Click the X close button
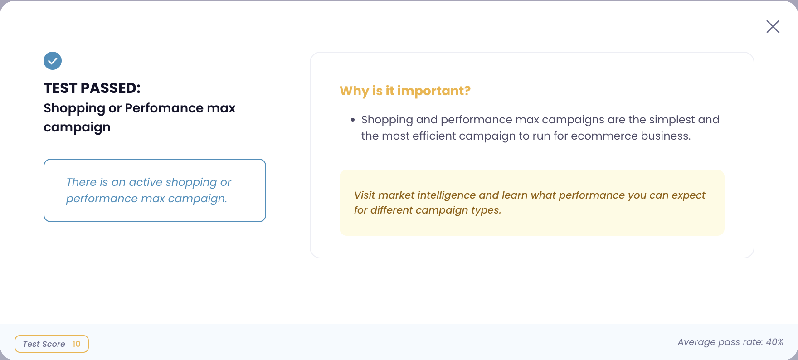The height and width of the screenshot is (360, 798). tap(773, 27)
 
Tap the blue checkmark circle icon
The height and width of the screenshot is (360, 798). tap(53, 61)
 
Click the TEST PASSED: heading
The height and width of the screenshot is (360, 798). tap(92, 88)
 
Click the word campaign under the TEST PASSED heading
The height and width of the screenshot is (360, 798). tap(77, 127)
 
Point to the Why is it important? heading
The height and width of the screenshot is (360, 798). tap(405, 91)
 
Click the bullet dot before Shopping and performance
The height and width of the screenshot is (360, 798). tap(353, 120)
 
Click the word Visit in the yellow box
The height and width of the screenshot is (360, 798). tap(365, 195)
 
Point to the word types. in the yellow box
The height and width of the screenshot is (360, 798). tap(486, 210)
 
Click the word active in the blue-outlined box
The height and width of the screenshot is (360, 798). tap(146, 182)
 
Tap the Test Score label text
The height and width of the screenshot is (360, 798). tap(44, 344)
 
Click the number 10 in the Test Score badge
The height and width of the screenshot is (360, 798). tap(76, 344)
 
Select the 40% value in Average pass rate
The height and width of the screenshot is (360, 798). tap(774, 342)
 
